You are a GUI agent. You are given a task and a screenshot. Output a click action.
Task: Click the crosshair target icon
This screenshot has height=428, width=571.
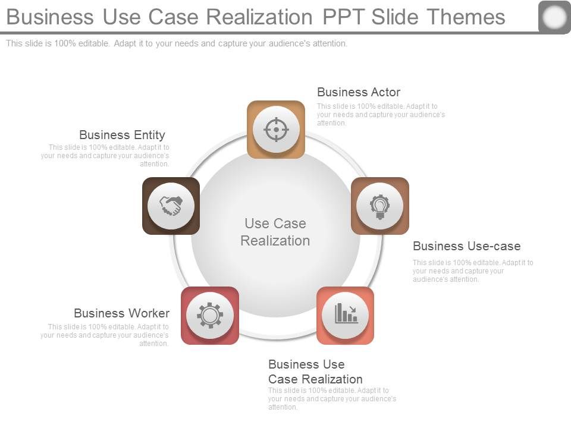[276, 129]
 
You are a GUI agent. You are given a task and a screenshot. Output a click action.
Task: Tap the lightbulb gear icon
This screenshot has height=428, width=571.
[379, 206]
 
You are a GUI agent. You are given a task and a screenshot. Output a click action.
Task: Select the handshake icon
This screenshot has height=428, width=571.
[171, 206]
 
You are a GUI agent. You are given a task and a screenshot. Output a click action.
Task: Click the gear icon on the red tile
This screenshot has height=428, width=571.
[209, 315]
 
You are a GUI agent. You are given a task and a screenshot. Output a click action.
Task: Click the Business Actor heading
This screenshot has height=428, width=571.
[358, 92]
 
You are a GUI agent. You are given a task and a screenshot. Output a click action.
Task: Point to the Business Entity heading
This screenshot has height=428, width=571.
[122, 135]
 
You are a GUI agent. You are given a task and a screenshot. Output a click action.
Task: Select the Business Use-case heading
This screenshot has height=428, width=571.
[466, 246]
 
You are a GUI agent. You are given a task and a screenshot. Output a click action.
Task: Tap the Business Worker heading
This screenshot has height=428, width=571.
[121, 313]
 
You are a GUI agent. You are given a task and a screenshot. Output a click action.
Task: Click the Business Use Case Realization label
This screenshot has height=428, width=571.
[315, 372]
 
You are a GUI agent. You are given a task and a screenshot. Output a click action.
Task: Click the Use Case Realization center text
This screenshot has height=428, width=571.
[275, 232]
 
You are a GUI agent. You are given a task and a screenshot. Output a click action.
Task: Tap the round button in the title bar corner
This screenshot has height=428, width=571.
[554, 17]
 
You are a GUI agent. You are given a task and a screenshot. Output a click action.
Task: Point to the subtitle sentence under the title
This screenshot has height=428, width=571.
[176, 43]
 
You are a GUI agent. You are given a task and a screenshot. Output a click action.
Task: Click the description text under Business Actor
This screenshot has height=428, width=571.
[381, 115]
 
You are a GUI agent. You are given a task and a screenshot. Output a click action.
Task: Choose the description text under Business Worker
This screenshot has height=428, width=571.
[105, 335]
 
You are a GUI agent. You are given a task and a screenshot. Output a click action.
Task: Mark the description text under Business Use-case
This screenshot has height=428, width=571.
[472, 271]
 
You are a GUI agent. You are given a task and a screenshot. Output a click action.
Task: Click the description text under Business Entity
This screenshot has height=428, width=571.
[105, 156]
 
